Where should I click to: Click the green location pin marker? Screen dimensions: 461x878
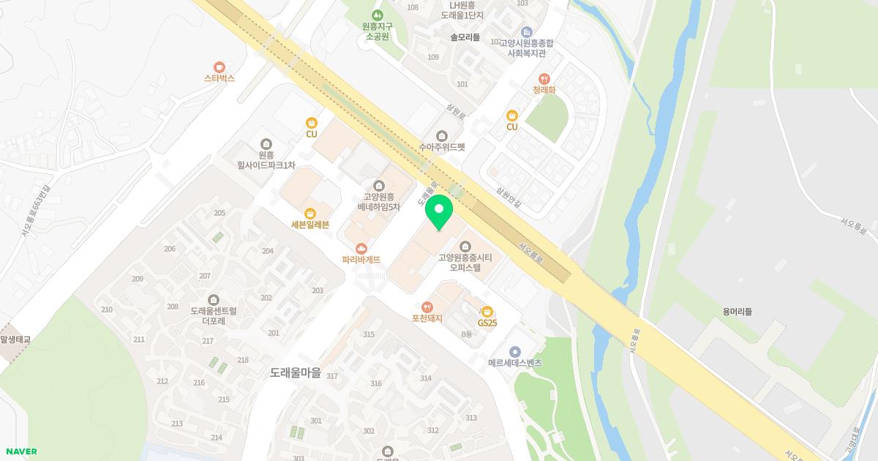(439, 212)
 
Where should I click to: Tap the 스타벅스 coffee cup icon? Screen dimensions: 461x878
(219, 66)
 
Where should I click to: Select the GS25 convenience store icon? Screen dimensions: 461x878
(487, 311)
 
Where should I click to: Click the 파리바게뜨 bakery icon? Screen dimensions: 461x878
(361, 249)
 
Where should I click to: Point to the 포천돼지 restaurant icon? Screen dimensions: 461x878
(427, 307)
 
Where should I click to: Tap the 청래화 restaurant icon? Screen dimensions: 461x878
(544, 79)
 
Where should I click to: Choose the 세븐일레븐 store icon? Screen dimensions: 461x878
(310, 213)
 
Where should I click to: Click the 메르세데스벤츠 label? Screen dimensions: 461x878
(515, 363)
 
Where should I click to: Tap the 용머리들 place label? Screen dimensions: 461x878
(736, 312)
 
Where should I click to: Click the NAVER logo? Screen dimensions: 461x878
(20, 451)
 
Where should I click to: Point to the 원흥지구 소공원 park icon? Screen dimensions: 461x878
(378, 15)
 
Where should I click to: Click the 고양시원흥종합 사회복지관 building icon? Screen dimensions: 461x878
(527, 31)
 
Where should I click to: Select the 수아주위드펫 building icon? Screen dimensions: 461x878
(441, 135)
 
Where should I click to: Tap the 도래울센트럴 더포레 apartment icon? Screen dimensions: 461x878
(213, 299)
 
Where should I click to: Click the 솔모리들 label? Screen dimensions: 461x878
(465, 37)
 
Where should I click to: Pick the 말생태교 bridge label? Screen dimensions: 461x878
(13, 340)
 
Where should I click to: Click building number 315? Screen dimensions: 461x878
(369, 335)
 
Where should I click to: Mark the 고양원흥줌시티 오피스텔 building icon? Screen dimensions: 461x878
(465, 246)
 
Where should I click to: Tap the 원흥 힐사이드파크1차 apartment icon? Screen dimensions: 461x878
(265, 144)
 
